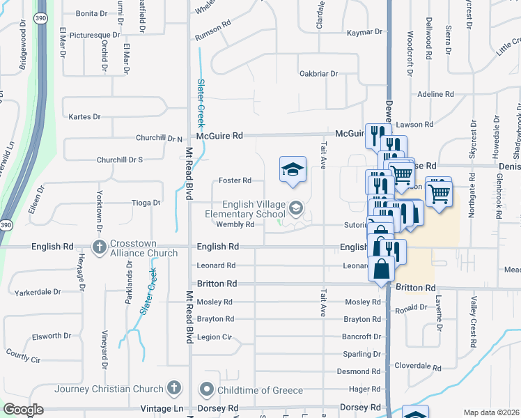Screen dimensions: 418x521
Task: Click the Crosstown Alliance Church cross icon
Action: (x=100, y=247)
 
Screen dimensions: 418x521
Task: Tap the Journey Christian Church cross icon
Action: (x=174, y=389)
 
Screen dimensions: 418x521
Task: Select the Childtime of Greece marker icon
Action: (x=206, y=389)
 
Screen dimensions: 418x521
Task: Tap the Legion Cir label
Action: (x=214, y=337)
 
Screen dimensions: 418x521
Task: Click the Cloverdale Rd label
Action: (x=419, y=367)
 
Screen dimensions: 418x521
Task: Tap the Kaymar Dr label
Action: (x=364, y=32)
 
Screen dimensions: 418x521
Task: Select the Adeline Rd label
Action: (x=435, y=94)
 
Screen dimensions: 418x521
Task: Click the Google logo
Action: (x=23, y=410)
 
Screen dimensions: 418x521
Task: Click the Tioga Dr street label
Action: (x=146, y=203)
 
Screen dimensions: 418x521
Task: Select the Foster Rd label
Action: (x=235, y=180)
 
